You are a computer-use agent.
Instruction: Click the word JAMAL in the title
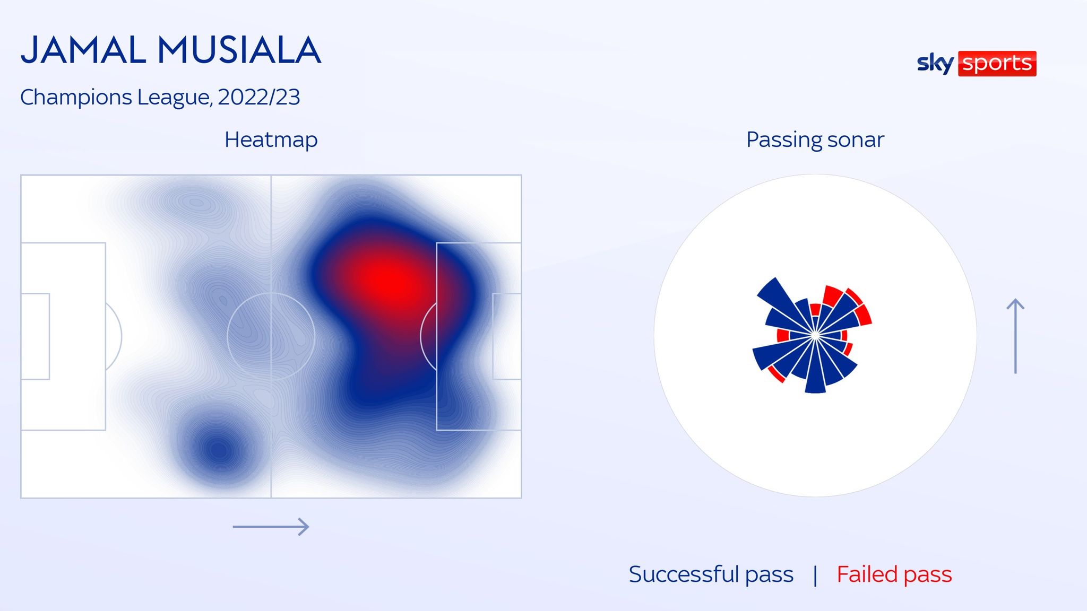(83, 50)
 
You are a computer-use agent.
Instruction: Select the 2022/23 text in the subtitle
(258, 97)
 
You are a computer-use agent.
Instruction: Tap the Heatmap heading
(271, 139)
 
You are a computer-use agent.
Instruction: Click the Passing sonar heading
(815, 139)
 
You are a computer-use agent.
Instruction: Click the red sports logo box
(997, 64)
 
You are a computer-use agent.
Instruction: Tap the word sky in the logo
(935, 64)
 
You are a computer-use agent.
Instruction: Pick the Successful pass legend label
(711, 574)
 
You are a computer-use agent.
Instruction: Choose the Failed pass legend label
(894, 574)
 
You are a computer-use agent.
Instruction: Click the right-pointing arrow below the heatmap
(271, 527)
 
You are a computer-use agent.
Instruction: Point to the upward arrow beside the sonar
(1015, 336)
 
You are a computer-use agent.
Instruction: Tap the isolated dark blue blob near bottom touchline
(219, 451)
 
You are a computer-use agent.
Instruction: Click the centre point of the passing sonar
(815, 335)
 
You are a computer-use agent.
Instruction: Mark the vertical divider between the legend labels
(815, 575)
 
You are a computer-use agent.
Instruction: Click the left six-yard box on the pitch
(36, 336)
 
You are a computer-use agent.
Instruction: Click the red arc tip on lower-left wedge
(776, 374)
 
